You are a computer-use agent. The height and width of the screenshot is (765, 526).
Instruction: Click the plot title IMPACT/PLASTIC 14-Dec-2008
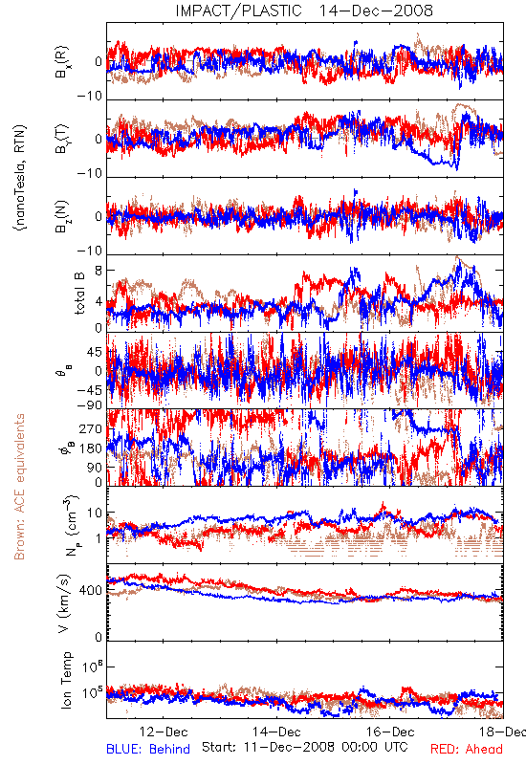click(304, 11)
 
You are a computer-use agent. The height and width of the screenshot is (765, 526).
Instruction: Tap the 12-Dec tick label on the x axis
click(164, 732)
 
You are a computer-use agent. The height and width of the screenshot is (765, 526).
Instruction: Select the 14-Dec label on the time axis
click(276, 732)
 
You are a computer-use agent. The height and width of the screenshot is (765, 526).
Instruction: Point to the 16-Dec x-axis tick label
click(390, 732)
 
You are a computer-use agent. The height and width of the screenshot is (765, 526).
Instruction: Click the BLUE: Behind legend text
click(148, 749)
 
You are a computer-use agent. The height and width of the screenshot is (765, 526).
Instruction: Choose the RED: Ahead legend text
click(467, 749)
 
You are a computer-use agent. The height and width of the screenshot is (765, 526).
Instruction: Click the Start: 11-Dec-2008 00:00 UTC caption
click(305, 747)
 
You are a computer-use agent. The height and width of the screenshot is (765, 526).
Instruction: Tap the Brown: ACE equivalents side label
click(19, 487)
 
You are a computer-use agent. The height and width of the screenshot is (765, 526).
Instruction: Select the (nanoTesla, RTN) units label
click(20, 178)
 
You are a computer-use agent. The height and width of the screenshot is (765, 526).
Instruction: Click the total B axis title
click(79, 294)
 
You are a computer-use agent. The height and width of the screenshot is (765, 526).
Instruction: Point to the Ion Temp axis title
click(66, 680)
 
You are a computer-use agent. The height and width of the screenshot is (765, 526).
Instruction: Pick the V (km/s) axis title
click(64, 603)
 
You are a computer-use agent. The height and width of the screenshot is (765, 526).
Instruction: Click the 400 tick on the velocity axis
click(91, 591)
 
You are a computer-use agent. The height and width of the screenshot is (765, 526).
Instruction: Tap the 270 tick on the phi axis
click(91, 429)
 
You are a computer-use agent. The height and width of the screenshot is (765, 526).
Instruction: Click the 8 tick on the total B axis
click(99, 271)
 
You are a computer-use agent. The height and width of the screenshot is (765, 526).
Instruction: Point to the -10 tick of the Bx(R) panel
click(90, 97)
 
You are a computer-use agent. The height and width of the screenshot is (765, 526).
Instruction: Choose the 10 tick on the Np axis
click(95, 514)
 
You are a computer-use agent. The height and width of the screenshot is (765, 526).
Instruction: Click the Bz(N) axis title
click(62, 216)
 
